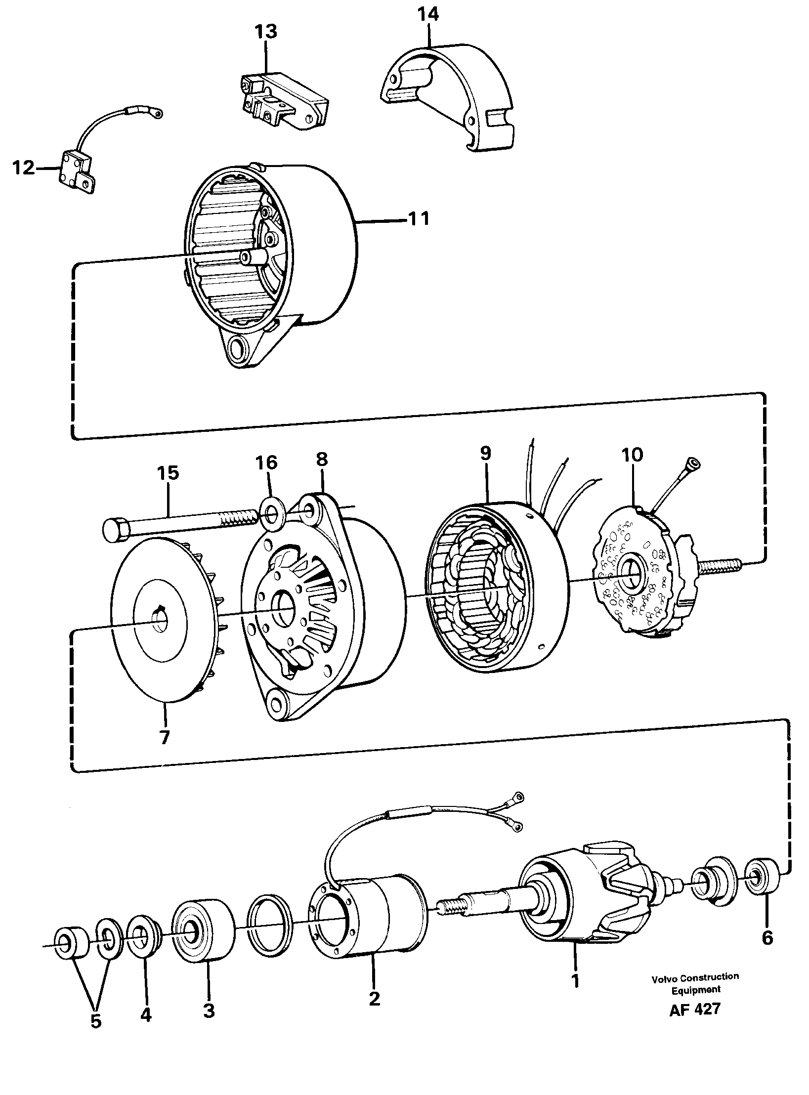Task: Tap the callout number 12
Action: [x=23, y=168]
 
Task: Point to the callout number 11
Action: [x=419, y=218]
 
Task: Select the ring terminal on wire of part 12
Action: [x=158, y=114]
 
